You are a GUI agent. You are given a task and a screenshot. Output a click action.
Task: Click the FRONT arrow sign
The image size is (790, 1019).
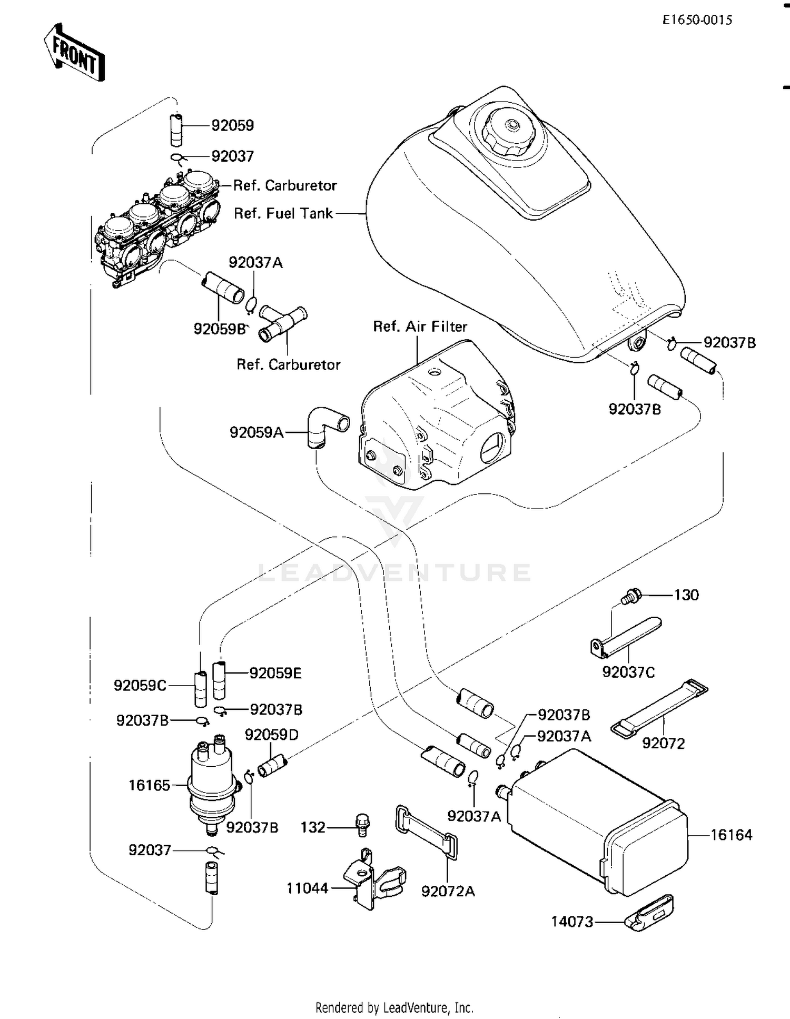pos(74,53)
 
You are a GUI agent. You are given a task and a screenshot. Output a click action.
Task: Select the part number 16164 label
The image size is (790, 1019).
pos(732,835)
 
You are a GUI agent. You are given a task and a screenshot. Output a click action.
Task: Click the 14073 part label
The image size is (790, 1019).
pos(572,922)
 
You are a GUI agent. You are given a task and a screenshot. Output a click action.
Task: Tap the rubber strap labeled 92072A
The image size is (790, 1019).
pos(426,833)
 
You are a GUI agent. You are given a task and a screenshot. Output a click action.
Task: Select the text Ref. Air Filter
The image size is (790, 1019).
pos(420,327)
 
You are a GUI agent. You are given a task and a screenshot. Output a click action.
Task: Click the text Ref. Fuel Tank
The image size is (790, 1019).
pos(283,213)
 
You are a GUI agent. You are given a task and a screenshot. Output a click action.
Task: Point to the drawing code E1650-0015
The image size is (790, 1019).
pos(697,20)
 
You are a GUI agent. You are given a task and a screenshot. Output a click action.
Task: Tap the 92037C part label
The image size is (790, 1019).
pos(628,672)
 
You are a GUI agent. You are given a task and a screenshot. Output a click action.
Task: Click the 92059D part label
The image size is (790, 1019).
pos(271,735)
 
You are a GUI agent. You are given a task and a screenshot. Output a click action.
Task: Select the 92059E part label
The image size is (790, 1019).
pos(275,673)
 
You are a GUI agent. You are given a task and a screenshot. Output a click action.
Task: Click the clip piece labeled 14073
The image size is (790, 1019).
pos(649,916)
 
